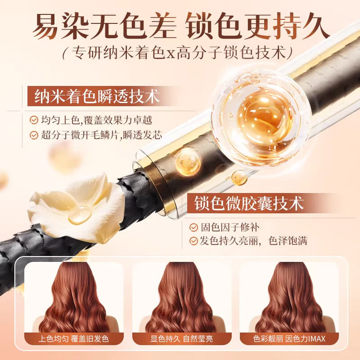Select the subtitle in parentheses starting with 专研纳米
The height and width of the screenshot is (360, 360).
(x=180, y=53)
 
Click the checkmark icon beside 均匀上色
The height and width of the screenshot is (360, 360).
(x=33, y=120)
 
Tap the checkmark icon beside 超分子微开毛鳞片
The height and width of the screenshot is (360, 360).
(x=33, y=135)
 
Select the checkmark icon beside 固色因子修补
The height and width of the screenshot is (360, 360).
(x=194, y=227)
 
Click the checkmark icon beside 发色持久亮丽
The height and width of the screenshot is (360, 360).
(x=194, y=241)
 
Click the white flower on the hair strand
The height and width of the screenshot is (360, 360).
(x=74, y=205)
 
